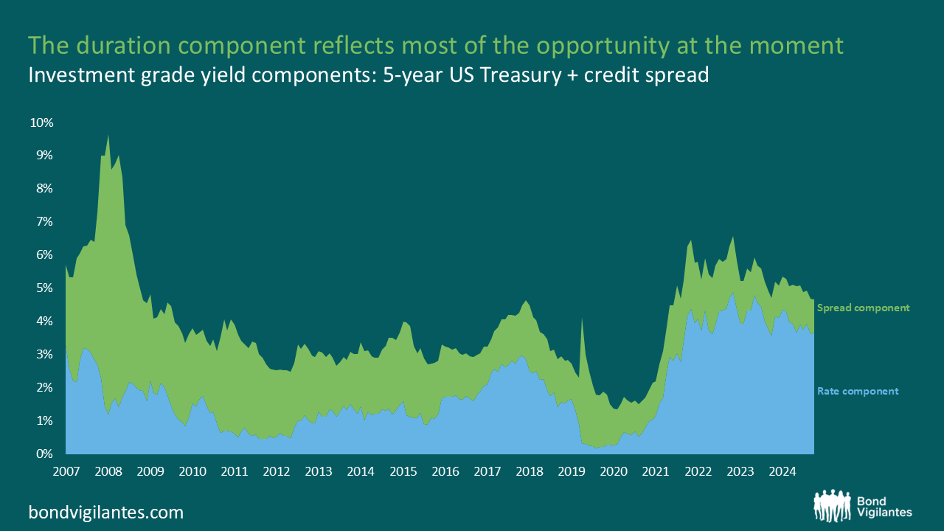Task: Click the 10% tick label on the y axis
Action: click(x=41, y=122)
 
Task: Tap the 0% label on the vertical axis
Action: click(x=44, y=454)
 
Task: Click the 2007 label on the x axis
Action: click(x=66, y=471)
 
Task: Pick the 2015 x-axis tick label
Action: click(x=402, y=471)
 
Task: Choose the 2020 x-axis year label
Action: click(x=612, y=471)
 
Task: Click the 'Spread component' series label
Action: click(x=863, y=308)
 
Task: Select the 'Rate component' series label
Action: click(x=858, y=391)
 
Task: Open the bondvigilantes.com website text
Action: click(x=106, y=512)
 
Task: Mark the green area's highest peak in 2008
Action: click(x=108, y=136)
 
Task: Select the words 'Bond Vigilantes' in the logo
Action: click(x=884, y=506)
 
